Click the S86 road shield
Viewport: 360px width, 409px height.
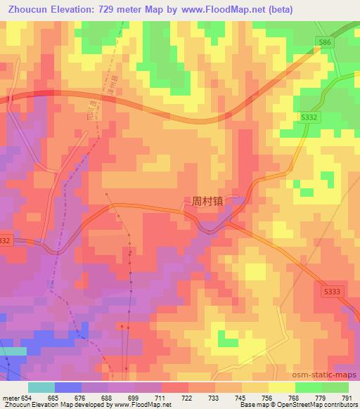(x=323, y=43)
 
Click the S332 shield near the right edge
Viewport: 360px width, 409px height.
(x=312, y=118)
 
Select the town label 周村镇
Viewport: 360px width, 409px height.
(x=207, y=200)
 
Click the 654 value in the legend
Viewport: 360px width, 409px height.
(x=25, y=398)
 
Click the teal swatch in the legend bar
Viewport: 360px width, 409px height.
(x=41, y=387)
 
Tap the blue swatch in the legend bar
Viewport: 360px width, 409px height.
(x=68, y=387)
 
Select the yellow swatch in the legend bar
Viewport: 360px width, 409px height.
(x=281, y=387)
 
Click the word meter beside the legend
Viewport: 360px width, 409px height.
(x=10, y=398)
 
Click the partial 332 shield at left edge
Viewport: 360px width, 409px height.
(x=5, y=240)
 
